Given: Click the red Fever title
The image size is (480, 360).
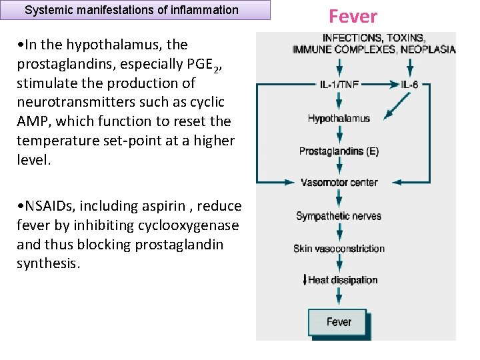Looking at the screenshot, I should tap(353, 17).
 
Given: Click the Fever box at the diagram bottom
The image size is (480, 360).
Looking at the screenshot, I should tap(338, 323).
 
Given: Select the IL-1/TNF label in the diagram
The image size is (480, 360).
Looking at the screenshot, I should tap(339, 85).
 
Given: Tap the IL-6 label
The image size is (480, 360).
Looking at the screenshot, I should tap(410, 85).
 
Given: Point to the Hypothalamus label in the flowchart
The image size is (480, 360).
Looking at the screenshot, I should tap(339, 119).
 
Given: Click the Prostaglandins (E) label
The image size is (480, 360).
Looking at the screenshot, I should tap(339, 151).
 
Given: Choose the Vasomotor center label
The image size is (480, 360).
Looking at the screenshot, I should tap(339, 183).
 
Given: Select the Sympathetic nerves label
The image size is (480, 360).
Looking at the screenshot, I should tap(339, 216).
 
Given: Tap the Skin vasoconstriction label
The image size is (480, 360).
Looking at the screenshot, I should tap(339, 249).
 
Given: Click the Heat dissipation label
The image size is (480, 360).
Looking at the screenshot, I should tap(342, 280).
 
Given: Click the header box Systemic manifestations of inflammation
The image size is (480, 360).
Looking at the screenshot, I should tap(131, 10).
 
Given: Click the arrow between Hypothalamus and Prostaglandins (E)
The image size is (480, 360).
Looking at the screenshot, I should tap(339, 135).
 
